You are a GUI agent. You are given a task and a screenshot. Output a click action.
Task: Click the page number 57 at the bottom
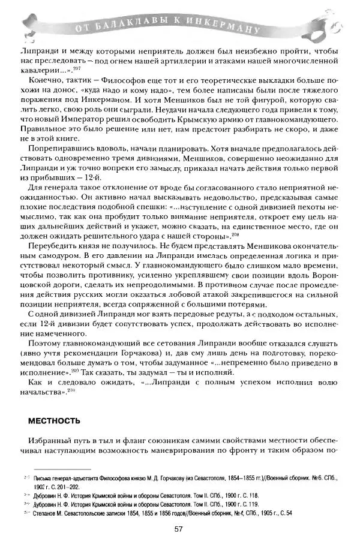pos(178,528)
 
